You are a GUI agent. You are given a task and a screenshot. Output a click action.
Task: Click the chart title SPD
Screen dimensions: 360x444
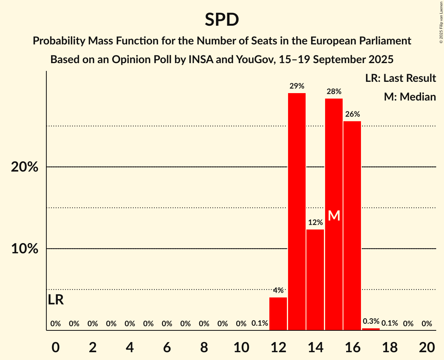(x=222, y=19)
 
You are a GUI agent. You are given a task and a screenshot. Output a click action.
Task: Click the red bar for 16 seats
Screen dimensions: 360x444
(x=352, y=226)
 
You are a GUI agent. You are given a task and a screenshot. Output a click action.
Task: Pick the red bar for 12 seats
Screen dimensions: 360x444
(x=278, y=314)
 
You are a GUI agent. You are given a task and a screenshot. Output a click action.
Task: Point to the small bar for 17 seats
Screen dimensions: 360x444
(x=371, y=329)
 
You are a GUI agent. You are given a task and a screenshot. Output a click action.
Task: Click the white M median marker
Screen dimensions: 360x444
(x=334, y=215)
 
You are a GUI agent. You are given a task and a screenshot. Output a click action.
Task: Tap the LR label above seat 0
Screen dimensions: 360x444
(x=56, y=300)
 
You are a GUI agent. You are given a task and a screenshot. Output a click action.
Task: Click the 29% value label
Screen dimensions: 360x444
(x=297, y=86)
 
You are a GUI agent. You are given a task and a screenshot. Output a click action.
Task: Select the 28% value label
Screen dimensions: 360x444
(x=334, y=92)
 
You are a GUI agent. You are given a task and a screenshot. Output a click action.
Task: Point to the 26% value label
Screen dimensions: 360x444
(x=352, y=114)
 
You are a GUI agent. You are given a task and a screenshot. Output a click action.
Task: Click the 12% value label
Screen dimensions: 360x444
(x=315, y=222)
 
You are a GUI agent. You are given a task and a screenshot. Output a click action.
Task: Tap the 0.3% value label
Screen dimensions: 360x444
(x=371, y=321)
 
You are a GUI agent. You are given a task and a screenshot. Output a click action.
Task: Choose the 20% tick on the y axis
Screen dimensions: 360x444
(x=25, y=167)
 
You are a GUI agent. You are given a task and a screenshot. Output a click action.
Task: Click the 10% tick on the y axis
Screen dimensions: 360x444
(x=25, y=249)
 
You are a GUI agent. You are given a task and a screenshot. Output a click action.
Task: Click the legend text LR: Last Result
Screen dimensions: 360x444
(x=400, y=78)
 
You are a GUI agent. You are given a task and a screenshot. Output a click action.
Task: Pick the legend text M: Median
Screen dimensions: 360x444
(x=410, y=97)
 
